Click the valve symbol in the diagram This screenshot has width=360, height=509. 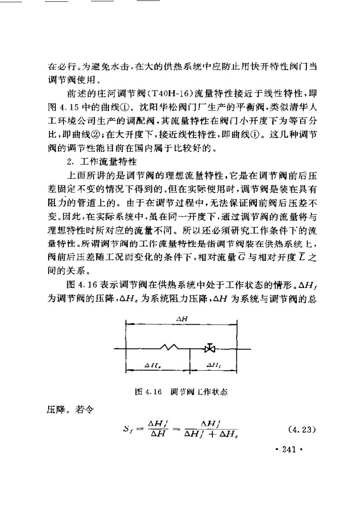(x=209, y=349)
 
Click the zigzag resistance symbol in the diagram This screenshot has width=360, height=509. (x=168, y=348)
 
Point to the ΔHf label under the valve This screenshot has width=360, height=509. (x=212, y=365)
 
